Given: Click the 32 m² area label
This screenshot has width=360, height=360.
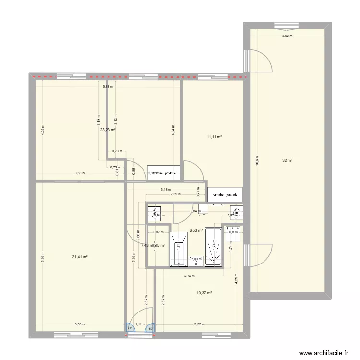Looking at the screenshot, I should click(x=288, y=161).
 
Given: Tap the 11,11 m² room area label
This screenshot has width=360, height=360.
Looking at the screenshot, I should click(x=214, y=137).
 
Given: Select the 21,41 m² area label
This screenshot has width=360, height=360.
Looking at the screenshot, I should click(x=80, y=257).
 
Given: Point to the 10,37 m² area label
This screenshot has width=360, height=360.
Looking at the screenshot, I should click(x=204, y=293).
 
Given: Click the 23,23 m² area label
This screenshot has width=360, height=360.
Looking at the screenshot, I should click(x=108, y=129).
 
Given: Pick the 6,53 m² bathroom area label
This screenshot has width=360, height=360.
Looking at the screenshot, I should click(x=196, y=230).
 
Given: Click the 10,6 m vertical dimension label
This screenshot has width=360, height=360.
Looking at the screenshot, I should click(x=257, y=160).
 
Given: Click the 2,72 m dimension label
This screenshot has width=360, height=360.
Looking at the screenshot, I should click(x=189, y=276).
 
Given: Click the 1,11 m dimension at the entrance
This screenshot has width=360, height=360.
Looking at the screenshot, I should click(x=140, y=324).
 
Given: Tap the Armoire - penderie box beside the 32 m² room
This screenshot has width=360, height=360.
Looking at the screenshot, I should click(x=225, y=194).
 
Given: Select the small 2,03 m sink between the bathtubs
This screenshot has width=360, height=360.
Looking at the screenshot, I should click(x=196, y=260).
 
